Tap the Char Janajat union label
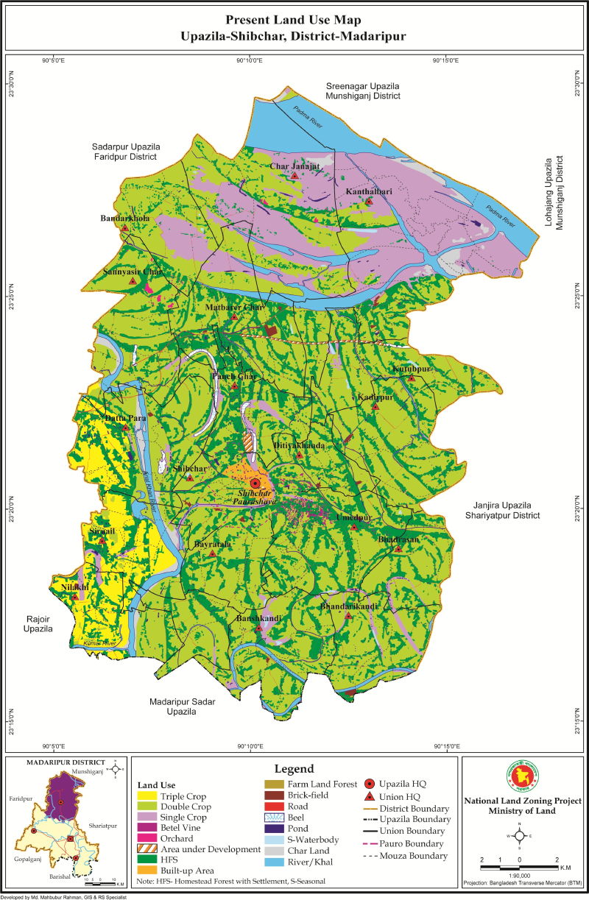(294, 166)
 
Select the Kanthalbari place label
(369, 192)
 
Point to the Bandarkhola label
(124, 219)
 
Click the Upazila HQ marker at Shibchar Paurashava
(255, 483)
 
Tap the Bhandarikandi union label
(349, 606)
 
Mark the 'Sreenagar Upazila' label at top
(363, 86)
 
